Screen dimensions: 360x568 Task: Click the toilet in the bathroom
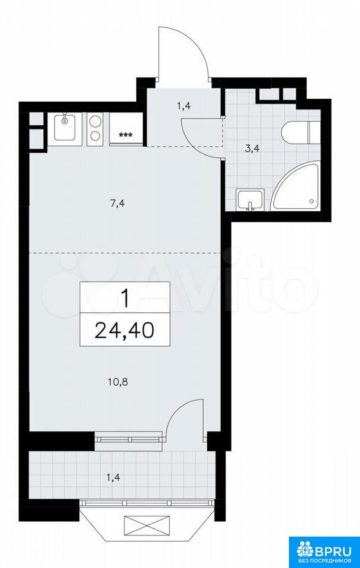pyautogui.click(x=301, y=132)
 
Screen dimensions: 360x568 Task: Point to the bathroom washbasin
pyautogui.click(x=250, y=199)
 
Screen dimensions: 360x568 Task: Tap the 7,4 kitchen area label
pyautogui.click(x=117, y=204)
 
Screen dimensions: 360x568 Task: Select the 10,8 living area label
pyautogui.click(x=118, y=382)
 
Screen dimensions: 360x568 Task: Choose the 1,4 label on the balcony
pyautogui.click(x=114, y=477)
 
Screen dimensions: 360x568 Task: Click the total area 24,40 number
pyautogui.click(x=125, y=330)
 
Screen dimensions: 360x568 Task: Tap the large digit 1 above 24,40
pyautogui.click(x=125, y=298)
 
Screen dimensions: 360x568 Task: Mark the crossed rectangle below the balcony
pyautogui.click(x=147, y=524)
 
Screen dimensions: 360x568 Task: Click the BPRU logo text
pyautogui.click(x=330, y=551)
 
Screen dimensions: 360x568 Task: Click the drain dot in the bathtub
pyautogui.click(x=311, y=201)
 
